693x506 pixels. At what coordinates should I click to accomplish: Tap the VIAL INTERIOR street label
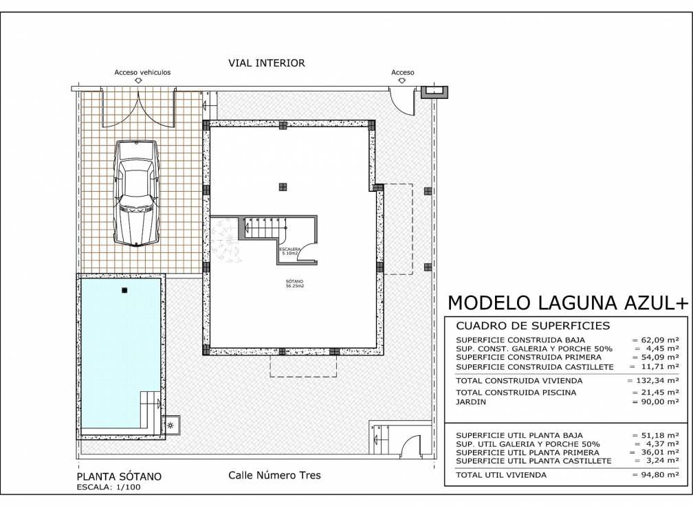tap(266, 63)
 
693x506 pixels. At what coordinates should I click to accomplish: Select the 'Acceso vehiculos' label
tap(142, 72)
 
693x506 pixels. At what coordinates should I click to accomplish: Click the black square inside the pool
tap(124, 290)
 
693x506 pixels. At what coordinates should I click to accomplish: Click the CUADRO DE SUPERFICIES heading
tap(524, 326)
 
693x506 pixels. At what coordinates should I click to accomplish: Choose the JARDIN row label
tap(472, 401)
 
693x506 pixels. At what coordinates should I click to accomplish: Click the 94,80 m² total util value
tap(655, 474)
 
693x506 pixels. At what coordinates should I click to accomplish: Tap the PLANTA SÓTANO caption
tap(118, 476)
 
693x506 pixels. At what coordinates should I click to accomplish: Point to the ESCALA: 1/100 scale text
tap(109, 487)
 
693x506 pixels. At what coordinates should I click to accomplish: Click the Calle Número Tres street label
tap(274, 475)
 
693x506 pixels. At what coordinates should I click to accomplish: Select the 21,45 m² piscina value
tap(655, 393)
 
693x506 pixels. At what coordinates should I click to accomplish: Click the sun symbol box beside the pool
tap(170, 426)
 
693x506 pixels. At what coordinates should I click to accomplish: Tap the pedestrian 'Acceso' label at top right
tap(402, 72)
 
